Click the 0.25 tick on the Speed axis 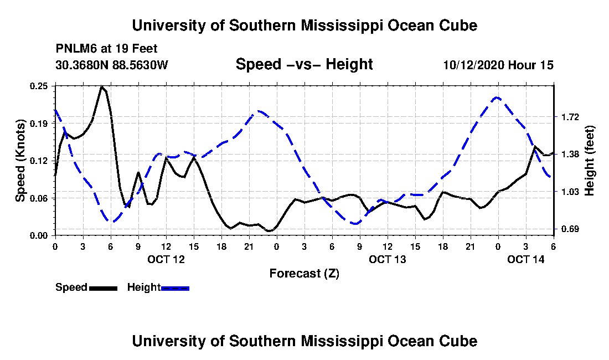coord(39,86)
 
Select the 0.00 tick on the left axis coord(39,236)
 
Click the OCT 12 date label coord(166,259)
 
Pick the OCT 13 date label coord(387,259)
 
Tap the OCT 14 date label coord(526,259)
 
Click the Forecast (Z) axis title coord(304,274)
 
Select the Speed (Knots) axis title coord(20,161)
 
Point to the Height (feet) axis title coord(589,161)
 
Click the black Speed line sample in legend coord(103,288)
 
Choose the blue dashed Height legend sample coord(175,288)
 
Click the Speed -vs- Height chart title coord(304,64)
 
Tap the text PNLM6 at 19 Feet coord(106,49)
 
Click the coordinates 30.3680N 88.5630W coord(112,65)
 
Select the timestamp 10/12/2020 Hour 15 coord(498,65)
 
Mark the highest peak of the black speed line coord(102,86)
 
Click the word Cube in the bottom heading coord(458,341)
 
